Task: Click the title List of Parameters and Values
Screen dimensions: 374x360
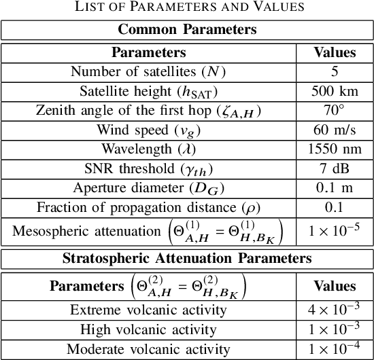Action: coord(187,7)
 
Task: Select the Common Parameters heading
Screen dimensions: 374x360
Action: coord(187,29)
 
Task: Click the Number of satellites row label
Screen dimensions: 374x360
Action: coord(148,71)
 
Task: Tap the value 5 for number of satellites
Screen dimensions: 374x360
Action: coord(334,71)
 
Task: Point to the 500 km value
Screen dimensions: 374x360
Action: coord(334,91)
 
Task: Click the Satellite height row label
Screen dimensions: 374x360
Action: coord(148,91)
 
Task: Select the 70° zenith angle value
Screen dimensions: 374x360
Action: coord(334,110)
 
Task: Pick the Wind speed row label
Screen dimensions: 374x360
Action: coord(148,130)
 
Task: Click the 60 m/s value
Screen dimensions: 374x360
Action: coord(334,130)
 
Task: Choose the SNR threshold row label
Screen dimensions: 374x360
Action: coord(148,169)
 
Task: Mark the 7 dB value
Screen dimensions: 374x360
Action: coord(334,169)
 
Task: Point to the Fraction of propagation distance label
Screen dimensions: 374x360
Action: coord(148,208)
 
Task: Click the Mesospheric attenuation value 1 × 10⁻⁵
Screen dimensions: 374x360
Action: coord(334,231)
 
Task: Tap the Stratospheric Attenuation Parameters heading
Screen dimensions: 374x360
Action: coord(187,258)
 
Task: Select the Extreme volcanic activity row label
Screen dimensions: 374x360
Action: coord(148,310)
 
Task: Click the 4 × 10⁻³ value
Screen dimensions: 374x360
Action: coord(334,310)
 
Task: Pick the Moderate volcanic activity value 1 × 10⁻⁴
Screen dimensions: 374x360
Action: coord(334,350)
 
